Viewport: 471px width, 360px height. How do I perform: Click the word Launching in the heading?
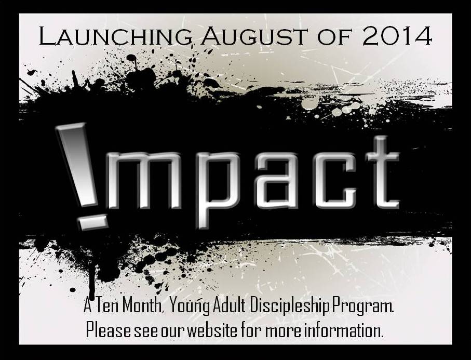[116, 36]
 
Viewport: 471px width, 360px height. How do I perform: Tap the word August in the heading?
[254, 36]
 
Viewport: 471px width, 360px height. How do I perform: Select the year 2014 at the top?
[397, 36]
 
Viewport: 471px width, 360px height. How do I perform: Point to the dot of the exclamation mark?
[93, 222]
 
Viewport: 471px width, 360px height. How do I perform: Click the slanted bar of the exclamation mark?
[77, 165]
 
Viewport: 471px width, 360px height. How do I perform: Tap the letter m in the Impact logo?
[144, 180]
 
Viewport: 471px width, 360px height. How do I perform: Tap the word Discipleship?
[290, 307]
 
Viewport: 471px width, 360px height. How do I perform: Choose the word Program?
[362, 307]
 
